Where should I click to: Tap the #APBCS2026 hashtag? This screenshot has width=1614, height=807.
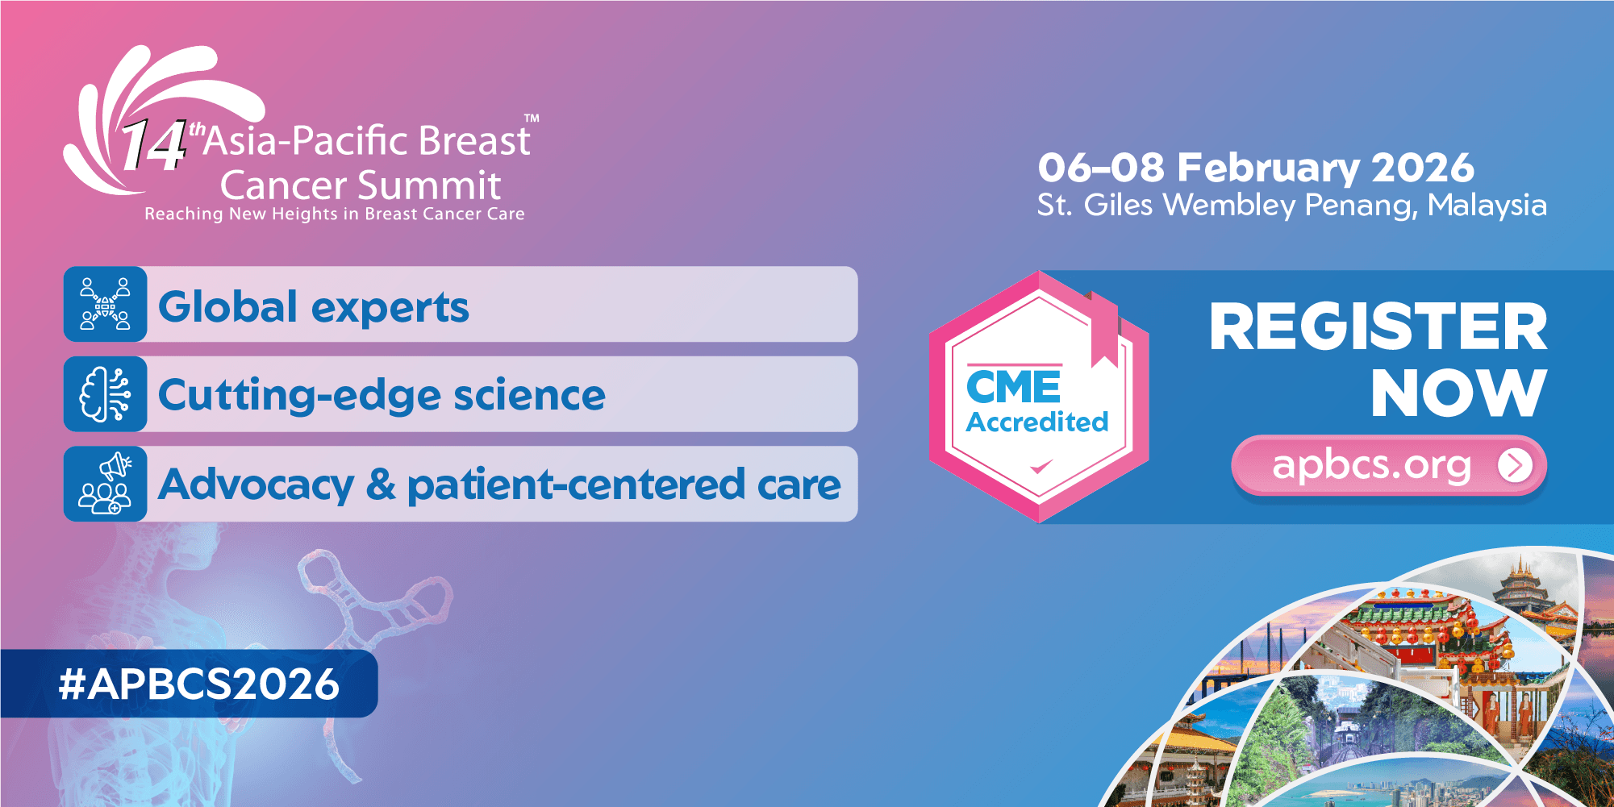click(199, 684)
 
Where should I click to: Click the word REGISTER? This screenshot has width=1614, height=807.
click(1378, 327)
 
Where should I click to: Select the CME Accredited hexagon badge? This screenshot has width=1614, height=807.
click(1038, 397)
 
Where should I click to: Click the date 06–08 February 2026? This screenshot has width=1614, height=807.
click(1255, 168)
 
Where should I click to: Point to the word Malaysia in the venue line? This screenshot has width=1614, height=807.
click(1487, 206)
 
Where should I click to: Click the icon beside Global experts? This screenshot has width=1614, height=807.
click(106, 305)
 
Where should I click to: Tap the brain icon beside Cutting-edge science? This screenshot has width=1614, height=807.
click(106, 395)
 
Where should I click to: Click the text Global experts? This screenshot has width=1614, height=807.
click(313, 307)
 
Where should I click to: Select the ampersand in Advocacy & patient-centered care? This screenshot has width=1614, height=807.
click(381, 485)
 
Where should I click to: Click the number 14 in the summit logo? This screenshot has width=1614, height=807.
click(153, 146)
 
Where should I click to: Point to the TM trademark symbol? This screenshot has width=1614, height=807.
click(532, 119)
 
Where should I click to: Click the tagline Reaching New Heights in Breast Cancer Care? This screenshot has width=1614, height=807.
click(334, 214)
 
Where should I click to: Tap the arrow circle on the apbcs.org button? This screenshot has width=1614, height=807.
click(1515, 465)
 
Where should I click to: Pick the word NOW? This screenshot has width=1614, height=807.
click(1458, 394)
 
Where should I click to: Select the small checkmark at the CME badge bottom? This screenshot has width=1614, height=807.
click(1041, 466)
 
